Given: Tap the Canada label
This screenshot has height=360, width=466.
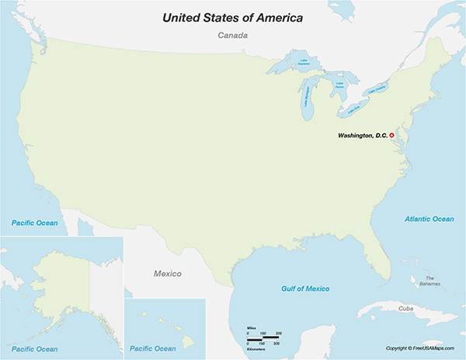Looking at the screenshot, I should [x=232, y=36].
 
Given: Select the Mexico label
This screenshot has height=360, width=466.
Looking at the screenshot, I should [x=166, y=274].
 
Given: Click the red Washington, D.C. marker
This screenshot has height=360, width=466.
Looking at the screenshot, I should [x=392, y=136].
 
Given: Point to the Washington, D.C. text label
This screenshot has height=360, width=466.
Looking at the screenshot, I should [x=362, y=136].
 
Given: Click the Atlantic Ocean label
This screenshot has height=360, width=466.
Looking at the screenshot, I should [x=429, y=219].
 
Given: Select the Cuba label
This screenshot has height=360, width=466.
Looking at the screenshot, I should [x=405, y=308].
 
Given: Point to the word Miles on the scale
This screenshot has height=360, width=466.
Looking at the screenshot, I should [x=251, y=330].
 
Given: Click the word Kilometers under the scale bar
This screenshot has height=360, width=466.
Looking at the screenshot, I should [x=256, y=349].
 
